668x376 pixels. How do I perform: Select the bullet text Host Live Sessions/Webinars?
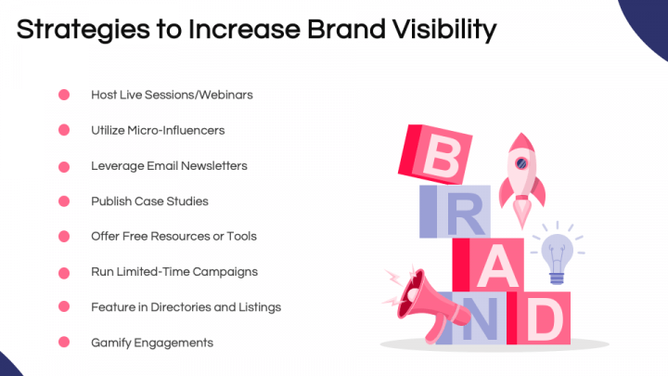click(x=172, y=95)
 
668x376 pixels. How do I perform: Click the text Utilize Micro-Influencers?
click(x=158, y=130)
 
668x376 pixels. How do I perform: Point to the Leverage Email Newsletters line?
click(x=169, y=165)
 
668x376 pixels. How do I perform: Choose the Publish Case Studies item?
click(x=149, y=201)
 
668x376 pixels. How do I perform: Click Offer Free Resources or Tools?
click(x=173, y=236)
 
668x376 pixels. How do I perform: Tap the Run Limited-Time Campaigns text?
click(x=173, y=271)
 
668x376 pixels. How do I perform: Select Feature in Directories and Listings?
click(x=186, y=306)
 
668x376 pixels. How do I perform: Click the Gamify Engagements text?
click(x=152, y=343)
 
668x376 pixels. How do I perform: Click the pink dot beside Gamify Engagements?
click(x=64, y=343)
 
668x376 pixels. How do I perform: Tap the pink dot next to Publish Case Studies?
click(x=64, y=201)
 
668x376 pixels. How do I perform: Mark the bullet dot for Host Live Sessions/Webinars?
click(x=64, y=95)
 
